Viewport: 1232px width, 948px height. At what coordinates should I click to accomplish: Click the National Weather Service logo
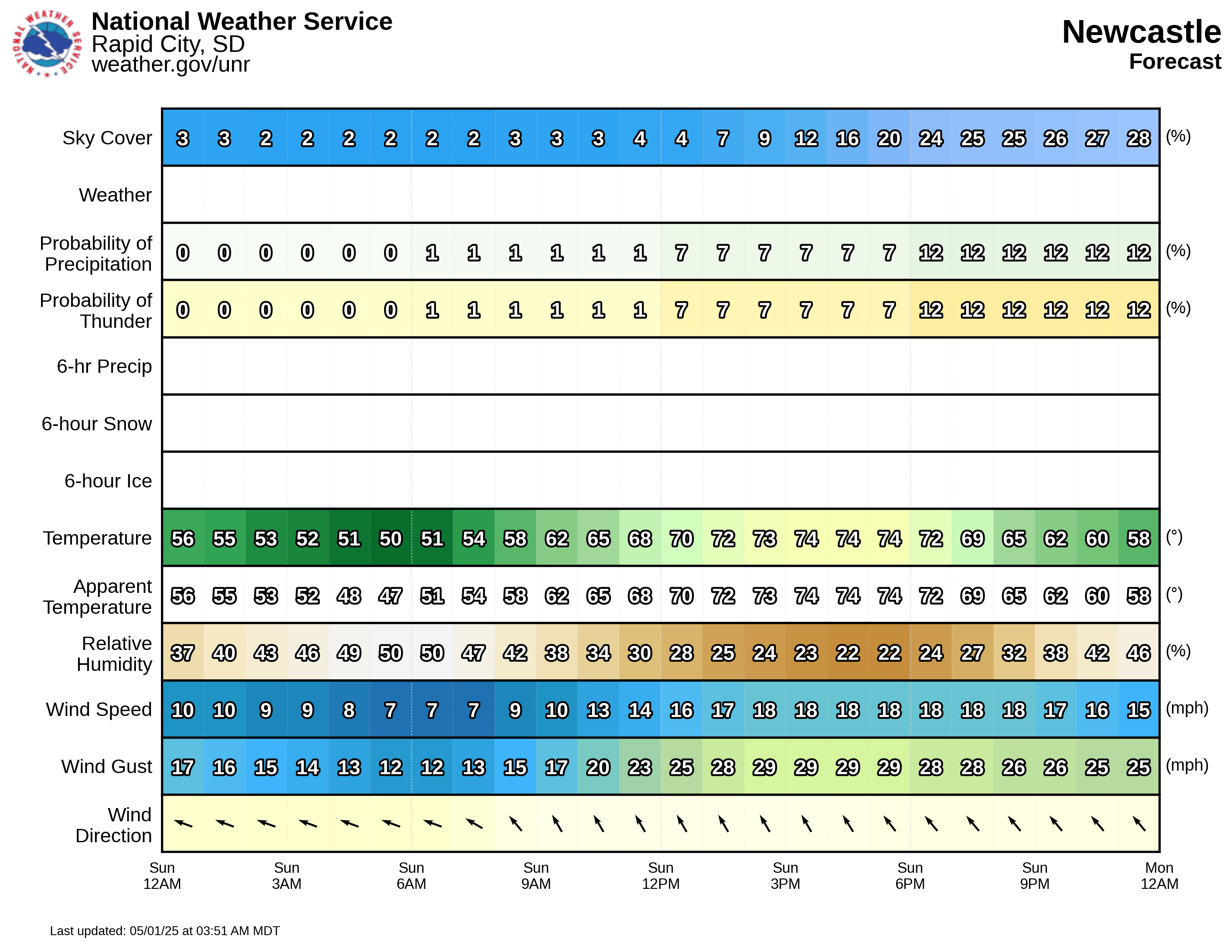click(47, 43)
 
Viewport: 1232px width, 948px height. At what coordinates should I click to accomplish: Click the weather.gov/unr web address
click(171, 64)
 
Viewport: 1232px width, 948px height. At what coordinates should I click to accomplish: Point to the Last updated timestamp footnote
click(165, 931)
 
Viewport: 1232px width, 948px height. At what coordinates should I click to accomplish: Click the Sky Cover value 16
click(847, 138)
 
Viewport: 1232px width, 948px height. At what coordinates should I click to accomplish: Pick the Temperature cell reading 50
click(391, 539)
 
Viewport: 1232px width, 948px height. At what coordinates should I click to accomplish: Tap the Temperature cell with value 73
click(764, 539)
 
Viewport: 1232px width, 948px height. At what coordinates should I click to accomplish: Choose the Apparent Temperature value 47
click(391, 596)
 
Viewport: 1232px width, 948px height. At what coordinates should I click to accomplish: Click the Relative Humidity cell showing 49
click(349, 653)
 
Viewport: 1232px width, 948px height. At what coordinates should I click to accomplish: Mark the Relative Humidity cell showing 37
click(183, 653)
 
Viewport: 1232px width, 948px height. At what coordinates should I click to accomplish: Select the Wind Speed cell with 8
click(349, 710)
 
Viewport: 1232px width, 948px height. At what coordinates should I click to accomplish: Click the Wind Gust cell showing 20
click(598, 767)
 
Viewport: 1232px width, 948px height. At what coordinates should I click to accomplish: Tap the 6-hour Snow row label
click(97, 424)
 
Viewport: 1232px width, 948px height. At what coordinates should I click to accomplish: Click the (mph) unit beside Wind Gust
click(1187, 765)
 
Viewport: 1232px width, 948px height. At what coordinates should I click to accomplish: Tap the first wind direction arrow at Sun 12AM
click(183, 823)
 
